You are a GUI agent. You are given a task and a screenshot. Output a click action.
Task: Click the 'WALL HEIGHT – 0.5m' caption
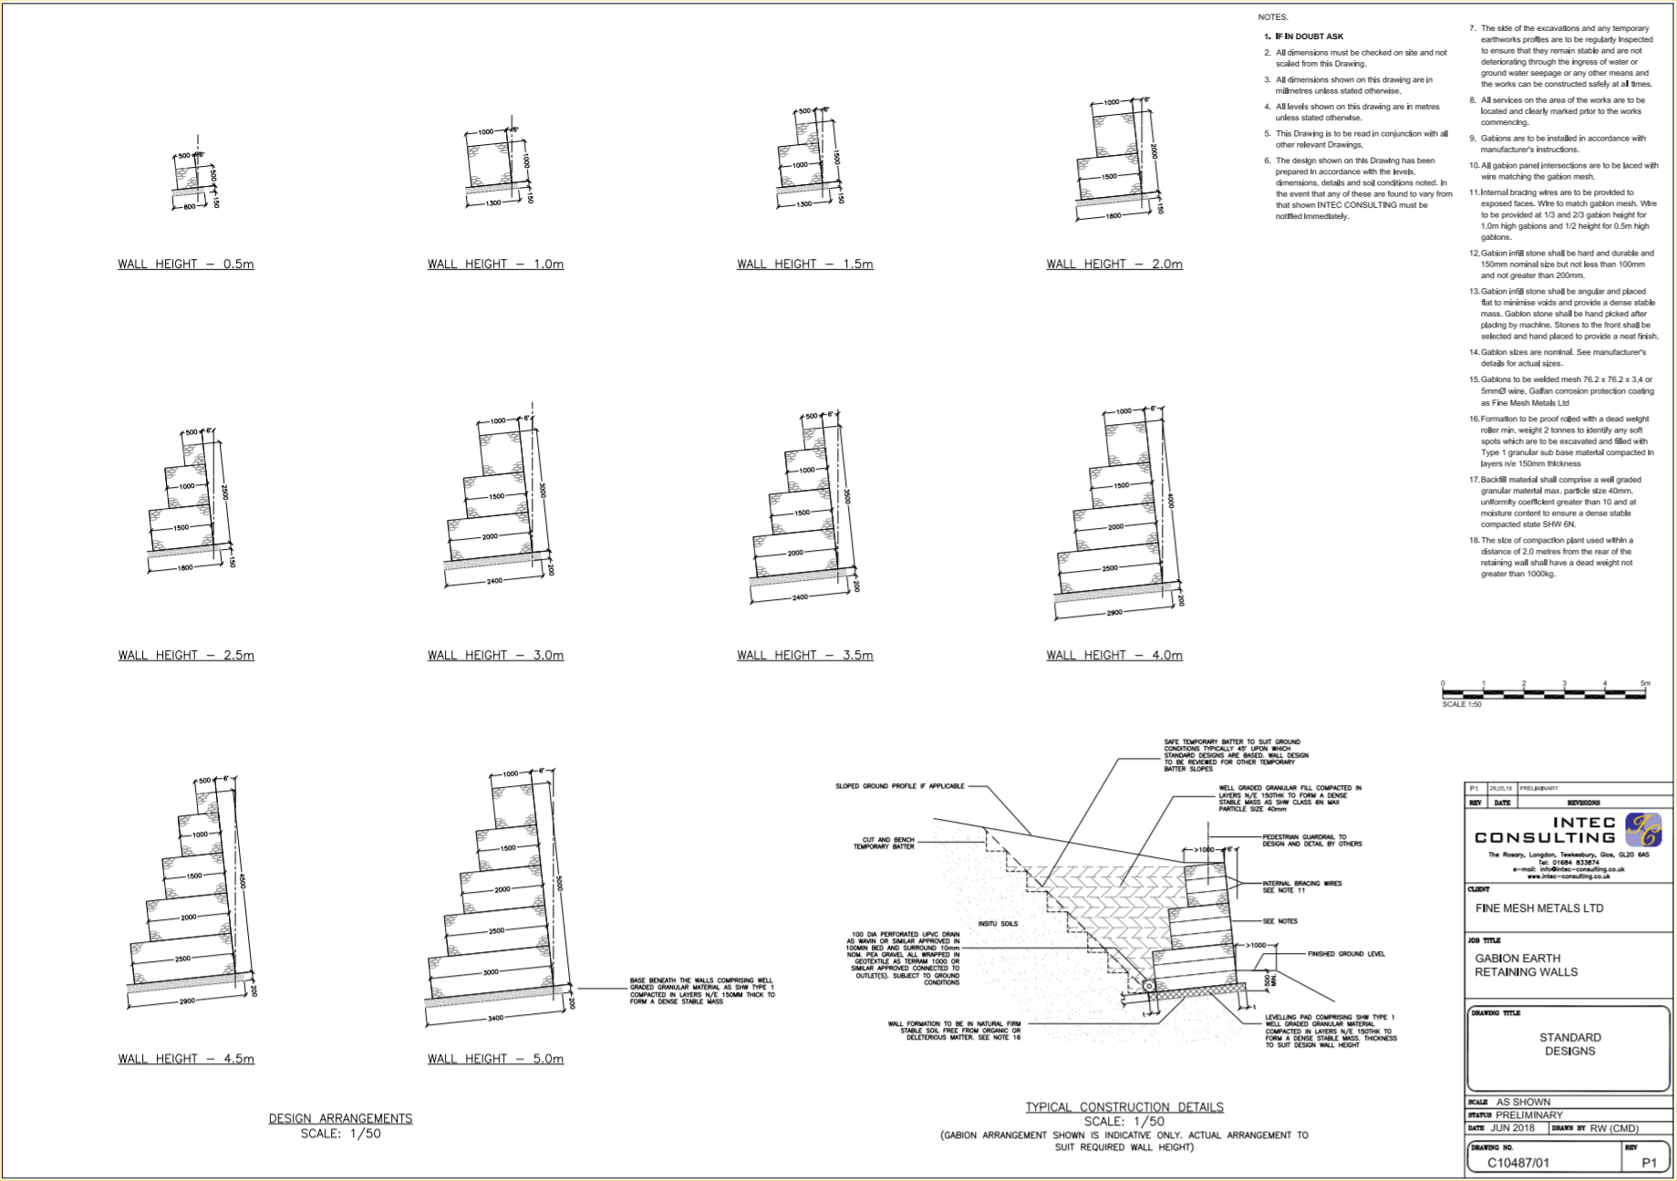click(185, 264)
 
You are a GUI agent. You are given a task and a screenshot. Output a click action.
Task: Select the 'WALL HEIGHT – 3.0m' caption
click(495, 656)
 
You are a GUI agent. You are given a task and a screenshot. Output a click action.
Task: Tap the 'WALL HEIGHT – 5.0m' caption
click(495, 1059)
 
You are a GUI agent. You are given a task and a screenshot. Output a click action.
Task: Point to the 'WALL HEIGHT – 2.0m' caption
click(1113, 264)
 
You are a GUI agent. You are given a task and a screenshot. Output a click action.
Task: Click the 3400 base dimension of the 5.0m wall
click(495, 1018)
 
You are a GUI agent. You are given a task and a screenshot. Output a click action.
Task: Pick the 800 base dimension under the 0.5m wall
click(189, 207)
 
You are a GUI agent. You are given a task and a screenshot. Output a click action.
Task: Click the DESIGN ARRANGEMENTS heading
click(340, 1119)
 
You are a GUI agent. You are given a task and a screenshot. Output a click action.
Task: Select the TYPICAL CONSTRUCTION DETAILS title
click(1123, 1107)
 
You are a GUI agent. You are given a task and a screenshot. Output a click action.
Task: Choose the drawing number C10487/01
click(1517, 1163)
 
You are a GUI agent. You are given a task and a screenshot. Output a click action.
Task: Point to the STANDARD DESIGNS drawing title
click(1569, 1044)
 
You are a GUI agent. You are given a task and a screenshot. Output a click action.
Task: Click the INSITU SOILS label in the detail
click(998, 924)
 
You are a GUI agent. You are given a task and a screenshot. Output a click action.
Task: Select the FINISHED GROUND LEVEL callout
click(1346, 954)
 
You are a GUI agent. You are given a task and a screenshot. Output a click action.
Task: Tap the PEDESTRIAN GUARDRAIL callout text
click(1311, 840)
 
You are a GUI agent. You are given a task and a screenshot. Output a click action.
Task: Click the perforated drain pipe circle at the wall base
click(1149, 986)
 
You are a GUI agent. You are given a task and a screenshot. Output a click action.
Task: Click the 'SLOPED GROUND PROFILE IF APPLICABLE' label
click(899, 786)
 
